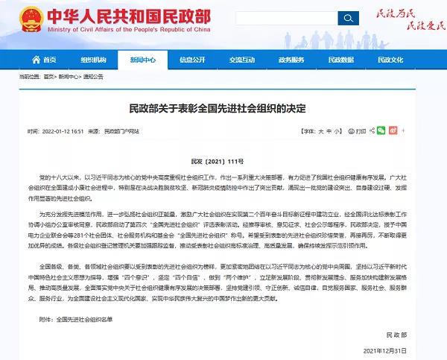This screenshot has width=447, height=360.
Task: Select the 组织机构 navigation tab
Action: (x=94, y=59)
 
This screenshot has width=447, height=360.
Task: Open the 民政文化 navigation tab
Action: (x=389, y=59)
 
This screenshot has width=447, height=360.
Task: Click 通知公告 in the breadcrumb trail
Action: (x=92, y=77)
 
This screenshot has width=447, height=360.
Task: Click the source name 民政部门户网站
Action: (x=122, y=130)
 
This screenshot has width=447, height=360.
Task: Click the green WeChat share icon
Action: (x=381, y=130)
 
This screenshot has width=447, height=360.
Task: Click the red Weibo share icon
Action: (x=393, y=130)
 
